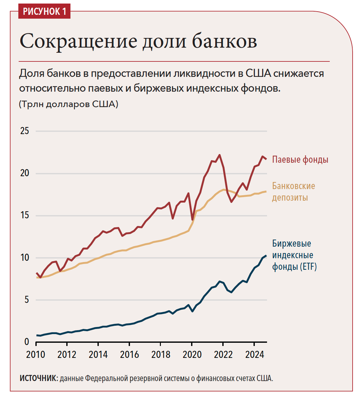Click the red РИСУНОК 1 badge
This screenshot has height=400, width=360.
(x=44, y=12)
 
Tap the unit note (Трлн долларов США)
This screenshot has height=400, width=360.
(x=69, y=104)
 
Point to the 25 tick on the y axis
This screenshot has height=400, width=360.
(x=24, y=131)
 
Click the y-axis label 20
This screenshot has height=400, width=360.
(x=24, y=173)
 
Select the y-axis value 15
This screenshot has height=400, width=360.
(x=24, y=215)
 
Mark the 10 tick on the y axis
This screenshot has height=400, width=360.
(x=24, y=258)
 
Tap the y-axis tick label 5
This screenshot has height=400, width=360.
(x=27, y=300)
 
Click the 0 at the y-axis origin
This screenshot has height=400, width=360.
(x=27, y=342)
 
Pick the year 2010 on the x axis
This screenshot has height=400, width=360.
(x=35, y=355)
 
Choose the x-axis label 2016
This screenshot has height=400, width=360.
(x=129, y=355)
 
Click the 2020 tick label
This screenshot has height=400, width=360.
(x=192, y=355)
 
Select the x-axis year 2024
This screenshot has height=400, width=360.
(x=254, y=355)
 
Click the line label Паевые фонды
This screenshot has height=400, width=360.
(x=300, y=159)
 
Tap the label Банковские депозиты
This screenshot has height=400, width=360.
(x=293, y=192)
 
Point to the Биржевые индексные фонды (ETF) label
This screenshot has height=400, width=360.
(x=294, y=255)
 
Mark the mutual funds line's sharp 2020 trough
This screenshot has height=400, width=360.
(x=192, y=220)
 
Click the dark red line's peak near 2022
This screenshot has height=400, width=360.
(x=219, y=155)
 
